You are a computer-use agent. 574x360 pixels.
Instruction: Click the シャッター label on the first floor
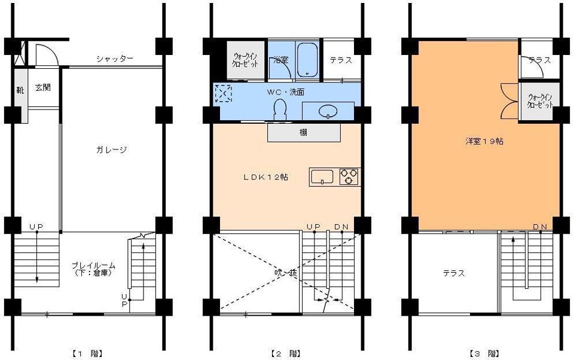[x=114, y=59]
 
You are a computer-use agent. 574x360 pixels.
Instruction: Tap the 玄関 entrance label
[x=42, y=87]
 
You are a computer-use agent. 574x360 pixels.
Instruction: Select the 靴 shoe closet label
[x=20, y=90]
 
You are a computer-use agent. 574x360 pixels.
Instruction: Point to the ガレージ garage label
[x=111, y=150]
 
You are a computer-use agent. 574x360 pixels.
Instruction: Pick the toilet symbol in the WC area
[x=279, y=109]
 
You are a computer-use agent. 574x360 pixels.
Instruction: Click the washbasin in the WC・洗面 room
[x=327, y=111]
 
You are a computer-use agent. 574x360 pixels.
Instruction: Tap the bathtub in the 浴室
[x=307, y=60]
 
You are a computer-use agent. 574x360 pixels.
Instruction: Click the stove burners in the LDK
[x=349, y=177]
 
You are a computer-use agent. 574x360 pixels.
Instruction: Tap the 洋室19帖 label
[x=484, y=142]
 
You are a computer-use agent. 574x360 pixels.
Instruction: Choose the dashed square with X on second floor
[x=222, y=93]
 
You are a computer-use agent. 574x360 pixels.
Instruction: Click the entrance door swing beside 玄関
[x=45, y=55]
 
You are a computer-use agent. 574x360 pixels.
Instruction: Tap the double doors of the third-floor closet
[x=509, y=101]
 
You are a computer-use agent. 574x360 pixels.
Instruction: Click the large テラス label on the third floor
[x=454, y=273]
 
